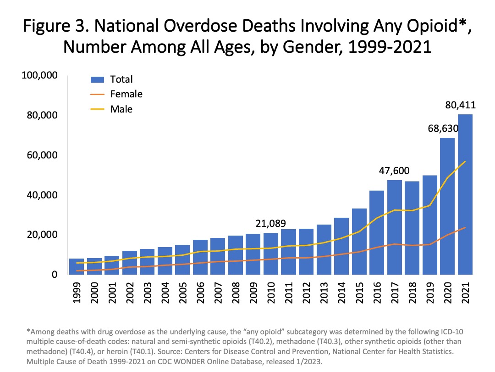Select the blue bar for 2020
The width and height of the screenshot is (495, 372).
click(x=447, y=206)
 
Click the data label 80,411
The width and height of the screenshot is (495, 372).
click(x=460, y=105)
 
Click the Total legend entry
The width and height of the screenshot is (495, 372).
click(x=121, y=79)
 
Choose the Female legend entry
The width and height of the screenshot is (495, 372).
click(x=126, y=94)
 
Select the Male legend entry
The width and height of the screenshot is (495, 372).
click(x=121, y=109)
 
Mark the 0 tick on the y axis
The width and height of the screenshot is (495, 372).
click(x=54, y=275)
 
